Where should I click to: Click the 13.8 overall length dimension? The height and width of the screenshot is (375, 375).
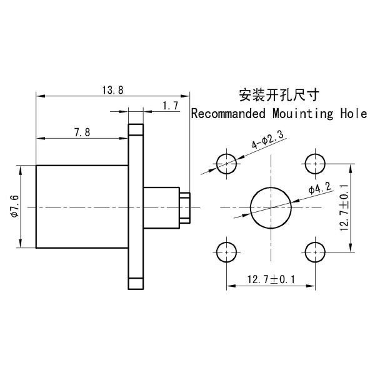(x=113, y=91)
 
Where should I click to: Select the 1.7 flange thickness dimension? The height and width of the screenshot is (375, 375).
(x=171, y=106)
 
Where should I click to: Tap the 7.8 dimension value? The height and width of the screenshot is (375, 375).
(x=82, y=132)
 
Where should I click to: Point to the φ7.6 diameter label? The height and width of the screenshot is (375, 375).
(x=14, y=206)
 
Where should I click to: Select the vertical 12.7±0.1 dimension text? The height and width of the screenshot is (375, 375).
(x=344, y=207)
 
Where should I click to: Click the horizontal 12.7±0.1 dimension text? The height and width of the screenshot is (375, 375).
(x=271, y=279)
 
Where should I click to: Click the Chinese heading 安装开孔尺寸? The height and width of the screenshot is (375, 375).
(x=279, y=95)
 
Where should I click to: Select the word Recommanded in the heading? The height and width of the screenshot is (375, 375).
(x=229, y=113)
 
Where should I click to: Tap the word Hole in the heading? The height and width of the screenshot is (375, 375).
(x=354, y=113)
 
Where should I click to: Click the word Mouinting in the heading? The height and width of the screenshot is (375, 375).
(x=302, y=114)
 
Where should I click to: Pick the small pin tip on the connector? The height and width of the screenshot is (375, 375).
(x=185, y=208)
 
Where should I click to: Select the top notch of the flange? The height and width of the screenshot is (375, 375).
(x=136, y=129)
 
